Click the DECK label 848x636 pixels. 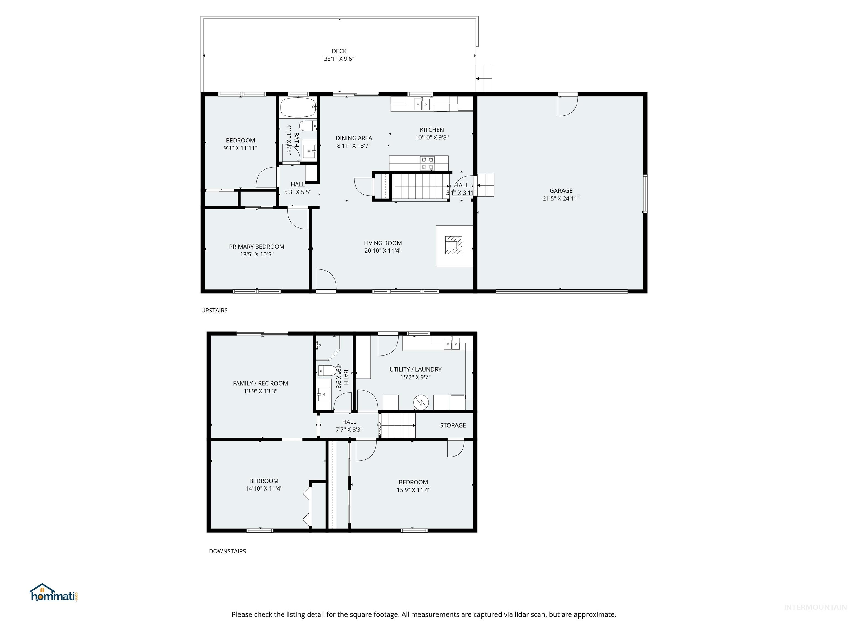point(339,51)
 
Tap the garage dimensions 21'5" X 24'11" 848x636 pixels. point(561,198)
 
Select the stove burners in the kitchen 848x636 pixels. point(427,163)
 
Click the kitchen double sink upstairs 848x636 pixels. point(422,104)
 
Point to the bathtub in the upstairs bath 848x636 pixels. point(298,107)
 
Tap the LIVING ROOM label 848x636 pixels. point(383,243)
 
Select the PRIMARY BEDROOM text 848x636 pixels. point(256,247)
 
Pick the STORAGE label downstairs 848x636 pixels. point(453,425)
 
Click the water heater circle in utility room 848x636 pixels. point(421,402)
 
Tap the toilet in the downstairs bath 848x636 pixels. point(327,370)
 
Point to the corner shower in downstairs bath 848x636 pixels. point(327,348)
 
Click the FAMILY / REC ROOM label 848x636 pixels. point(260,383)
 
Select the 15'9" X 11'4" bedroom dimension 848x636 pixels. point(413,490)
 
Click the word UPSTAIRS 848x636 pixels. point(214,311)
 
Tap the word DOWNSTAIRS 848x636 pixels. point(227,551)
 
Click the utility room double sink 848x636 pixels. point(452,344)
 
